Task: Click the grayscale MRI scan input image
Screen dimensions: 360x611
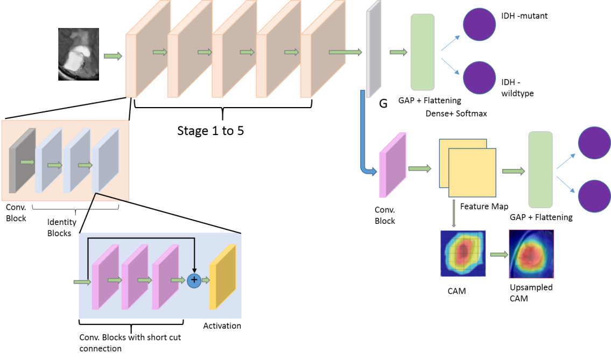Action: pyautogui.click(x=79, y=54)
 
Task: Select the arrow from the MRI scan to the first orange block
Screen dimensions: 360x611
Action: pyautogui.click(x=113, y=56)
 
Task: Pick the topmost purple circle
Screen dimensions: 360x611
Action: pyautogui.click(x=479, y=24)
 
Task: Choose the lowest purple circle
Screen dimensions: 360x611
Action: pyautogui.click(x=594, y=196)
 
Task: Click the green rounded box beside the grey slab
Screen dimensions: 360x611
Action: pyautogui.click(x=423, y=52)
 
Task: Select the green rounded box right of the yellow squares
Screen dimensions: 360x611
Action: pyautogui.click(x=540, y=170)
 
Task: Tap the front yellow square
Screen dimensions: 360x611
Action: pyautogui.click(x=472, y=173)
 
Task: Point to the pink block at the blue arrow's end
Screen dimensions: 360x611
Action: pyautogui.click(x=392, y=165)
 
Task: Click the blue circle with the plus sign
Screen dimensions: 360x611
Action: pyautogui.click(x=194, y=280)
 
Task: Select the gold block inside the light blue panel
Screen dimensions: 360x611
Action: pyautogui.click(x=222, y=277)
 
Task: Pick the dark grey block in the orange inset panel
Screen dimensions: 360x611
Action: pyautogui.click(x=22, y=160)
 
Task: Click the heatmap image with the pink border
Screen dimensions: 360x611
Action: pyautogui.click(x=531, y=254)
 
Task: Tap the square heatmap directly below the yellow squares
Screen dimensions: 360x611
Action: pyautogui.click(x=462, y=253)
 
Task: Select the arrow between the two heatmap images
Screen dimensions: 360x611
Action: pyautogui.click(x=498, y=255)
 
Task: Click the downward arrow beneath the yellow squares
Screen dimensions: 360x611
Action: pyautogui.click(x=454, y=213)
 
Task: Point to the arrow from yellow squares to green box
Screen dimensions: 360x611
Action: pyautogui.click(x=513, y=171)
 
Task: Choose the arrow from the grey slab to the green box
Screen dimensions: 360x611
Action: pyautogui.click(x=398, y=52)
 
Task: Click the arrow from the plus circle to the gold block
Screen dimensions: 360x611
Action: pyautogui.click(x=205, y=280)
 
